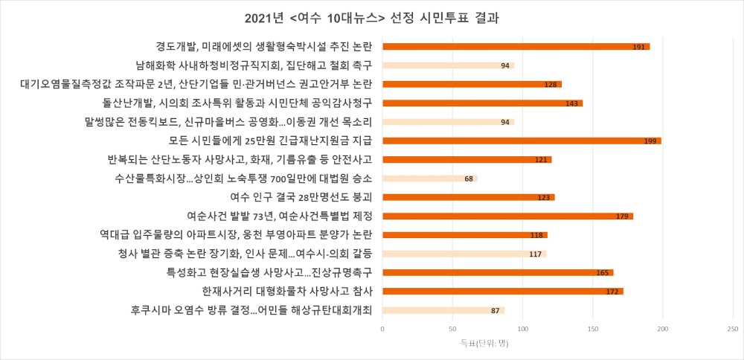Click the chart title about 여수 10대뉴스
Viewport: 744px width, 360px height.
372,17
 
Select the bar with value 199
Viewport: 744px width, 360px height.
521,141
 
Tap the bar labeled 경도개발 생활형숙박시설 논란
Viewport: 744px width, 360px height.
516,47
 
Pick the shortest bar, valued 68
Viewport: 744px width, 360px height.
429,179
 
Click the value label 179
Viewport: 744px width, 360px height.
623,216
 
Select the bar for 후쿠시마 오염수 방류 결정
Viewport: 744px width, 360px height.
443,310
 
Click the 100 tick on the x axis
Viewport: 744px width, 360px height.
522,328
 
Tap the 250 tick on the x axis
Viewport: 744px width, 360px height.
733,328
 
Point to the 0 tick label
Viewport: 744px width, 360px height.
382,328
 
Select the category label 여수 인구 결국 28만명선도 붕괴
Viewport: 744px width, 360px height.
302,197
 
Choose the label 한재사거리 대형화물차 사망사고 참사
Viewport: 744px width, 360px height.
286,291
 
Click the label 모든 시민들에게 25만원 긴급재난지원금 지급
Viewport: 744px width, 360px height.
270,141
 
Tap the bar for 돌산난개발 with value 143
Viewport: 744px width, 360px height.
482,103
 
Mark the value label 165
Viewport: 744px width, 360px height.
603,273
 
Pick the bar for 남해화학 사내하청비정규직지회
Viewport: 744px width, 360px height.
448,65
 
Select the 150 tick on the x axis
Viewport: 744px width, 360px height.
592,328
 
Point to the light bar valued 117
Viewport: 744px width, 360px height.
464,254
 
